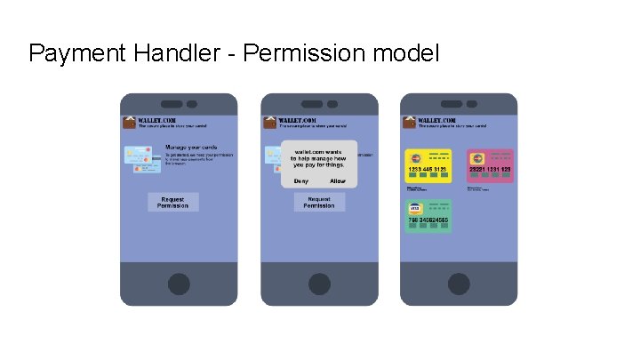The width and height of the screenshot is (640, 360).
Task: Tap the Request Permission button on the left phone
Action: click(172, 203)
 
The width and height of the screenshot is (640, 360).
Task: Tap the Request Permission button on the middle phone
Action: click(318, 203)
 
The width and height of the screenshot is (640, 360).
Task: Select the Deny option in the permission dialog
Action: click(300, 181)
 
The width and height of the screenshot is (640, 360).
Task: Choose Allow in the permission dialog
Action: click(338, 181)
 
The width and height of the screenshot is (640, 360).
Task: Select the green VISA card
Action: click(428, 216)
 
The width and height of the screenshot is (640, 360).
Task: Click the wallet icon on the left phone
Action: click(128, 123)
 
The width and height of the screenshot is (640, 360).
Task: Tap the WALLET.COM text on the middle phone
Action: click(298, 120)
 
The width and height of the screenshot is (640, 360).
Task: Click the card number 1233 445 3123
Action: click(428, 170)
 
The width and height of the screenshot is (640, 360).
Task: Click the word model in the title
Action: click(406, 54)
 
